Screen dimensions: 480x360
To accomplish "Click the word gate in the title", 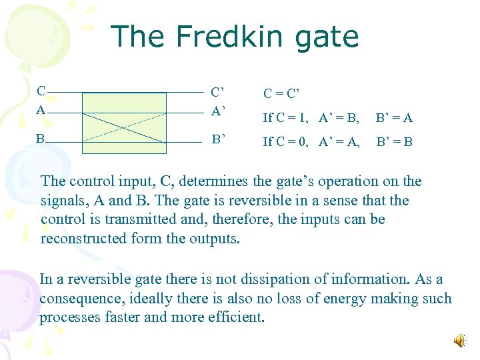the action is coord(327,37).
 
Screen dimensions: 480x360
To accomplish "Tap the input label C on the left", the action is coord(41,91).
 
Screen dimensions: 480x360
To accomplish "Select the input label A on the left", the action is coord(41,110).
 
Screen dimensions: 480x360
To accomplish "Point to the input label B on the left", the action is coord(41,139).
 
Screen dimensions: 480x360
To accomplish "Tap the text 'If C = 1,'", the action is coord(285,118).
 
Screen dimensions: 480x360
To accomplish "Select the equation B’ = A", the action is coord(394,118).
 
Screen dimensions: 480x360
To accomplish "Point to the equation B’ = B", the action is coord(394,141).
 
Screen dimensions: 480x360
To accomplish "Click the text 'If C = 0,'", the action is coord(285,141).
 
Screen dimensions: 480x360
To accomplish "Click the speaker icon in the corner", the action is coord(460,341).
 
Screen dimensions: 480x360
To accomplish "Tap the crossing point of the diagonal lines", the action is coord(124,126).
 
